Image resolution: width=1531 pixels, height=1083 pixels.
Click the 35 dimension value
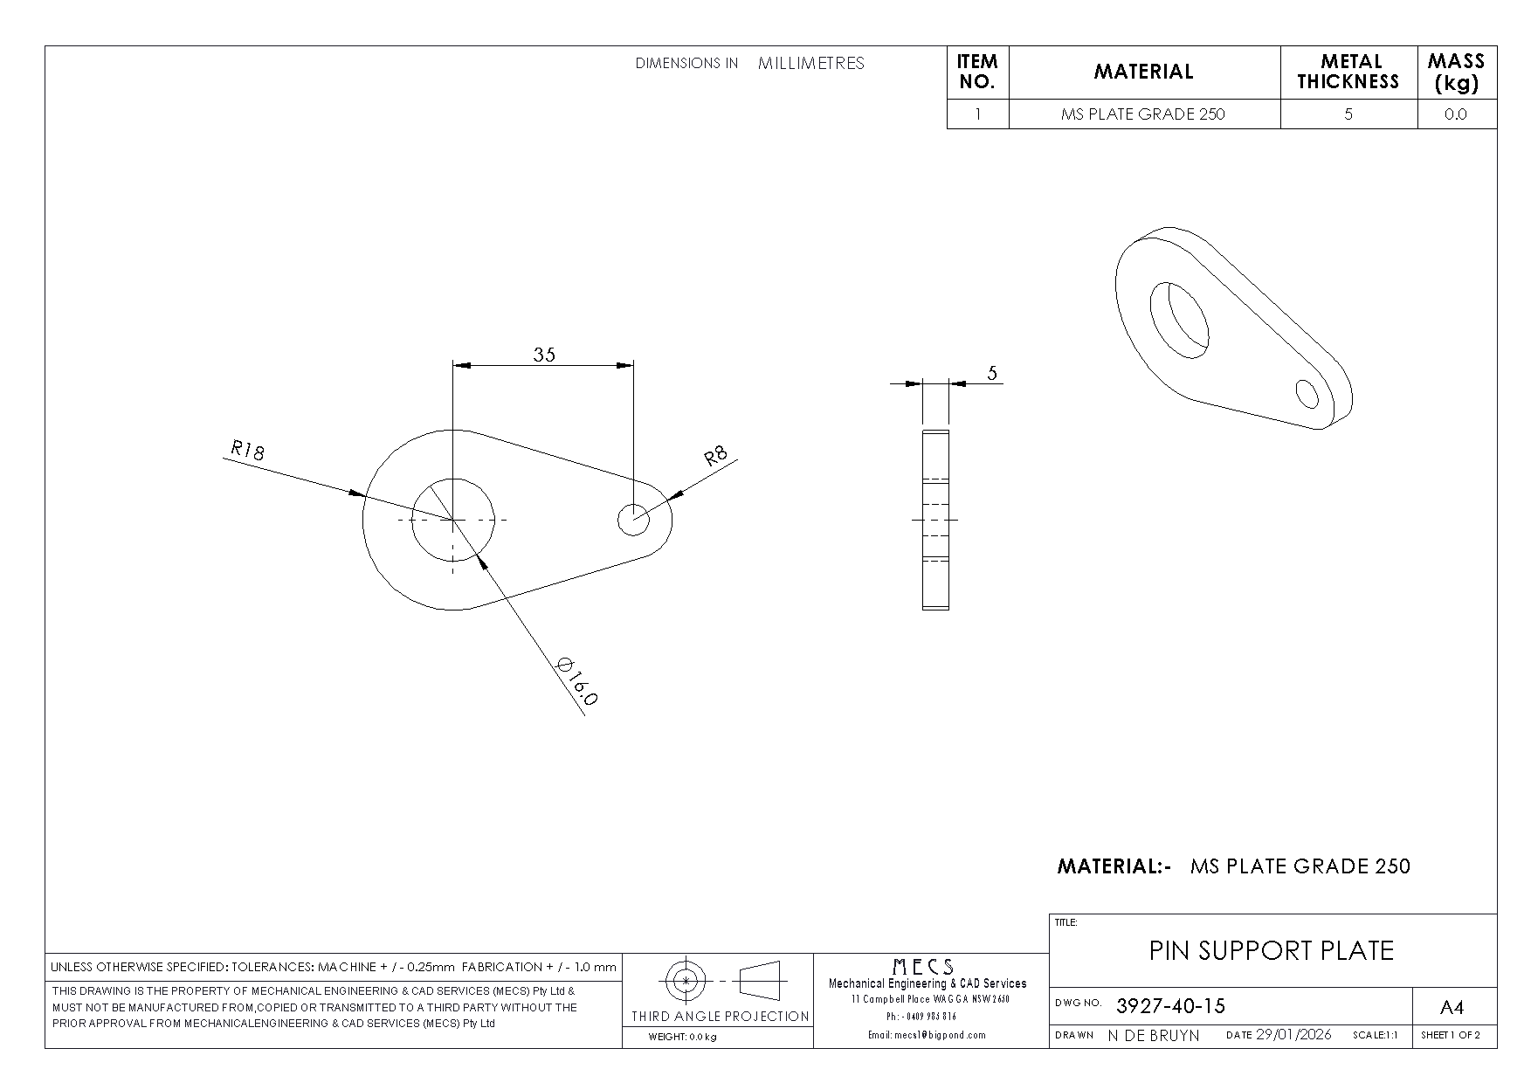pyautogui.click(x=544, y=354)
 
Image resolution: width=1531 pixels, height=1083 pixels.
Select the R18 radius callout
pyautogui.click(x=247, y=451)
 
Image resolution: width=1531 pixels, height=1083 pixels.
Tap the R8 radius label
pyautogui.click(x=716, y=457)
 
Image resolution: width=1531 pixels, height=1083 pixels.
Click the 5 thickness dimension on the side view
pyautogui.click(x=992, y=374)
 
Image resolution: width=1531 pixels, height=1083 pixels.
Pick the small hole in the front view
pyautogui.click(x=634, y=520)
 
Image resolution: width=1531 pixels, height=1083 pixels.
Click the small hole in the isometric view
pyautogui.click(x=1307, y=393)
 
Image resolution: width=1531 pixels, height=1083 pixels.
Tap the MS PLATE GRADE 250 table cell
pyautogui.click(x=1143, y=114)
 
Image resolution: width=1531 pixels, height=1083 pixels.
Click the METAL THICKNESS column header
pyautogui.click(x=1348, y=72)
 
